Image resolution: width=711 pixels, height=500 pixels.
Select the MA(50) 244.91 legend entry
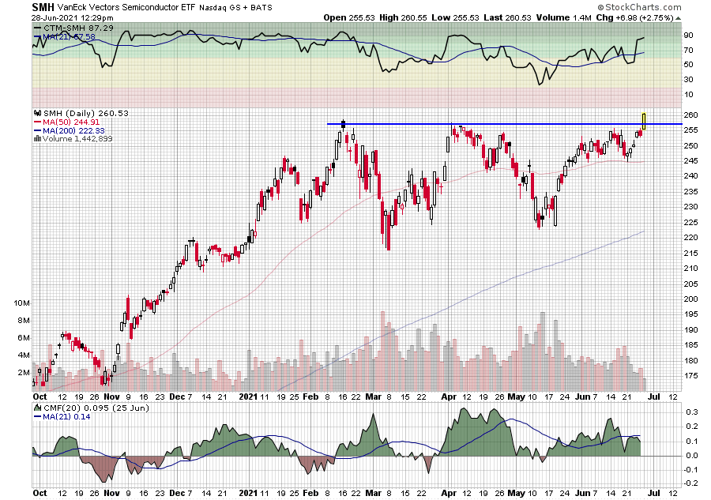[x=67, y=122]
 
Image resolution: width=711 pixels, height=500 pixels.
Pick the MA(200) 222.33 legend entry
[x=70, y=130]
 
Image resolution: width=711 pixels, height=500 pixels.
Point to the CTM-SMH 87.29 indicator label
[x=66, y=28]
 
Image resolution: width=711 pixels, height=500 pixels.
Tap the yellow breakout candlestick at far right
[x=645, y=120]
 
